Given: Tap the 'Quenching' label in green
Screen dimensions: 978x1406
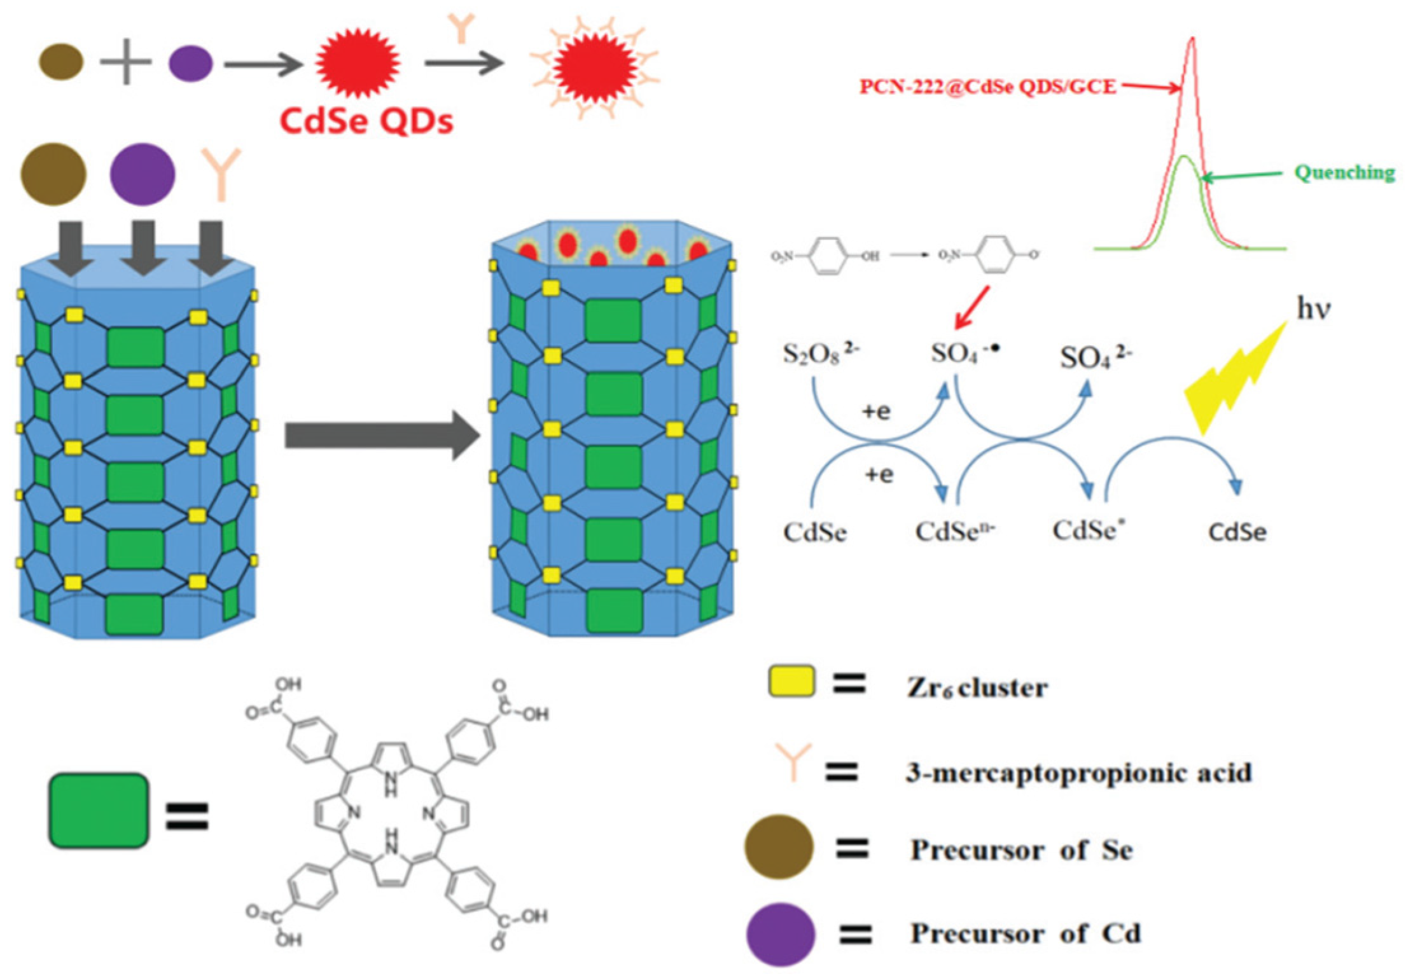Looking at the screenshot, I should [x=1344, y=172].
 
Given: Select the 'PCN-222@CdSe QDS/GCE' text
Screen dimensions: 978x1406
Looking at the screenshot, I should [x=987, y=86].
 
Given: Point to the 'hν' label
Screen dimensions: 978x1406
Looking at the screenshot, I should [x=1314, y=309].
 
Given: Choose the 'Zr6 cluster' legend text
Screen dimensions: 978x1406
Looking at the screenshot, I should [x=977, y=688].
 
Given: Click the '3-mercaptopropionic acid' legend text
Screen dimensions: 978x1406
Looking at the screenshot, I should [x=1079, y=773].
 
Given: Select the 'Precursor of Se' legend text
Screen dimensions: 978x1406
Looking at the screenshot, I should [x=1022, y=850].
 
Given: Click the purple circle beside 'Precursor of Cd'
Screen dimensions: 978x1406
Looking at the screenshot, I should [x=780, y=934].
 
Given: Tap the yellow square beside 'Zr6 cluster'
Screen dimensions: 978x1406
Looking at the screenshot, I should [x=791, y=681].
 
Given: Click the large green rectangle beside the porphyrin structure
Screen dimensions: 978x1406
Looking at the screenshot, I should [x=99, y=810].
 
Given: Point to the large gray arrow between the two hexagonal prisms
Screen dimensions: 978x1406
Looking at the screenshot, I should [x=382, y=436].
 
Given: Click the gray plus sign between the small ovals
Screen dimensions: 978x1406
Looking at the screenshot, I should [x=126, y=62].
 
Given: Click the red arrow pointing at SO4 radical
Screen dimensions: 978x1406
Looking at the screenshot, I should [x=973, y=307].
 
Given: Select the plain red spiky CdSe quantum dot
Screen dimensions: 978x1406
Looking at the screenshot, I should [x=358, y=62].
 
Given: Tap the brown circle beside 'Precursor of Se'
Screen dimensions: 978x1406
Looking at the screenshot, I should [x=779, y=847].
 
